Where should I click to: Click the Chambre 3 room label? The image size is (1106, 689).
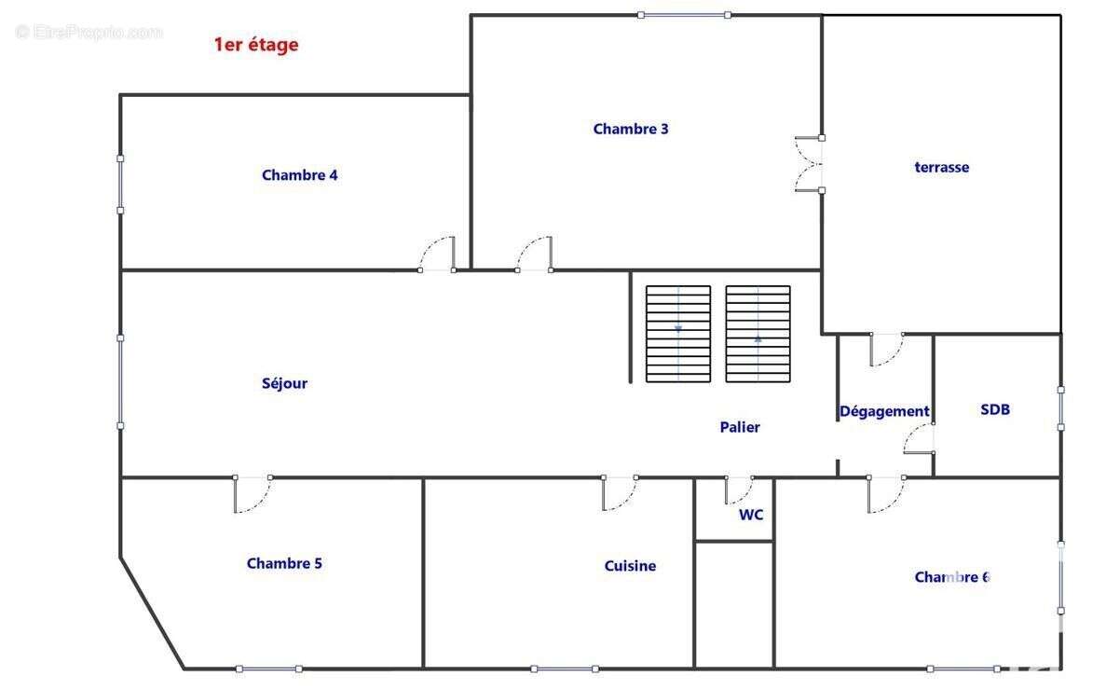pos(631,130)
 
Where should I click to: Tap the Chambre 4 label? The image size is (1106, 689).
pos(299,175)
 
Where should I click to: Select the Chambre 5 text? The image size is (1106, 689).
pos(284,563)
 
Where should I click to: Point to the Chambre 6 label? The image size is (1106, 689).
pos(951,577)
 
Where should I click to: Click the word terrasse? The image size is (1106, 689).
pos(941,168)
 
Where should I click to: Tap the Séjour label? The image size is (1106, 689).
pos(284,383)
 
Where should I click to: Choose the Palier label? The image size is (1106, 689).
pos(740,427)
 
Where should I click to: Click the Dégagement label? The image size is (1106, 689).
pos(884,411)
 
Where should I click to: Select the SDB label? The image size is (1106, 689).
pos(995,409)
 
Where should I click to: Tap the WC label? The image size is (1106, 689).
pos(751,515)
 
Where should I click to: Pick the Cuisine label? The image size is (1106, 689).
pos(630,566)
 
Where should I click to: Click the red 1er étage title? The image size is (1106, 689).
pos(256,44)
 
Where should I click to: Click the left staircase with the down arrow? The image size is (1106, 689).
pos(678,334)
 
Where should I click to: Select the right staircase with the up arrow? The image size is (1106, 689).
pos(758,334)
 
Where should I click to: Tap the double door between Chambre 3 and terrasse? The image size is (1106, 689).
pos(809,164)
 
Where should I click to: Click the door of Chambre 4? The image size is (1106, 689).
pos(437,255)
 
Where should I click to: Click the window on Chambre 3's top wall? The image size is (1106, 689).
pos(684,15)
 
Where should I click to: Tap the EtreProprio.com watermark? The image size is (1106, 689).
pos(89,33)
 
